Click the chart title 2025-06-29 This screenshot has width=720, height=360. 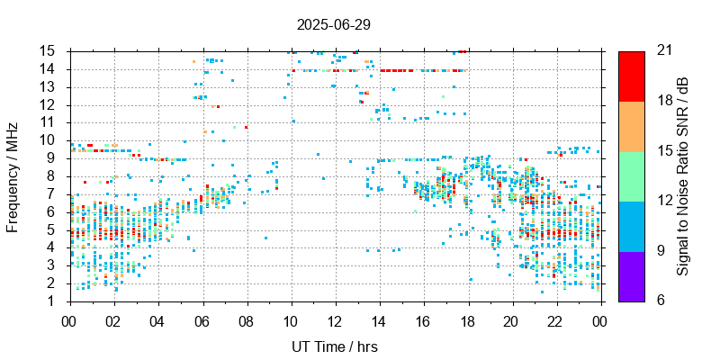click(x=333, y=24)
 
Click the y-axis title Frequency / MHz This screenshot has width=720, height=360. click(x=13, y=175)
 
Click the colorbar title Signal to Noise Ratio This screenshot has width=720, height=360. click(x=683, y=175)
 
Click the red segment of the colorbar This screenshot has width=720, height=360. click(x=631, y=76)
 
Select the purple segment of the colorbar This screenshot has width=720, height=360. click(x=631, y=275)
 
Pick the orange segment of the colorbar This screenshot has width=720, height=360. click(x=631, y=125)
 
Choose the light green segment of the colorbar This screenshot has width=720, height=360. click(x=631, y=175)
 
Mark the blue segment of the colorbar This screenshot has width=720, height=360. click(x=631, y=225)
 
